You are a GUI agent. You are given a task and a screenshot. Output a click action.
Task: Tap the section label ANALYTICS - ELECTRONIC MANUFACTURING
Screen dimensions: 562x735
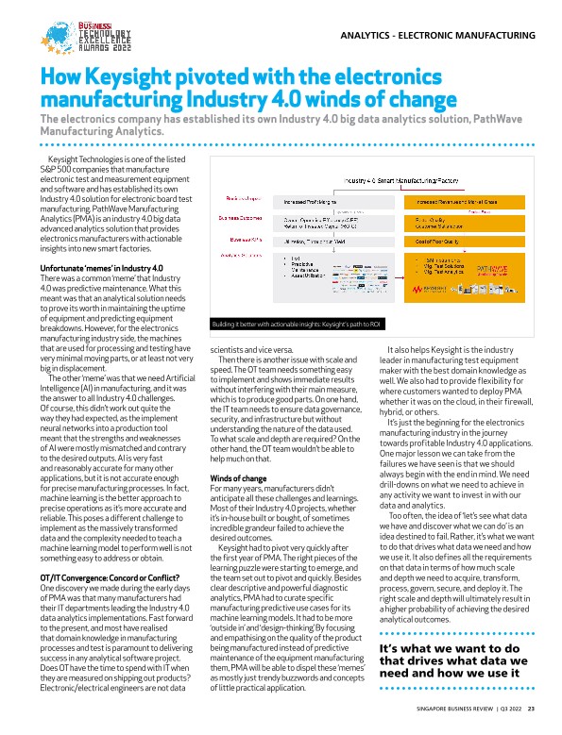coord(435,36)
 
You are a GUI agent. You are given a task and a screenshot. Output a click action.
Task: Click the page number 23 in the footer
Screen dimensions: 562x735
coord(532,709)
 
